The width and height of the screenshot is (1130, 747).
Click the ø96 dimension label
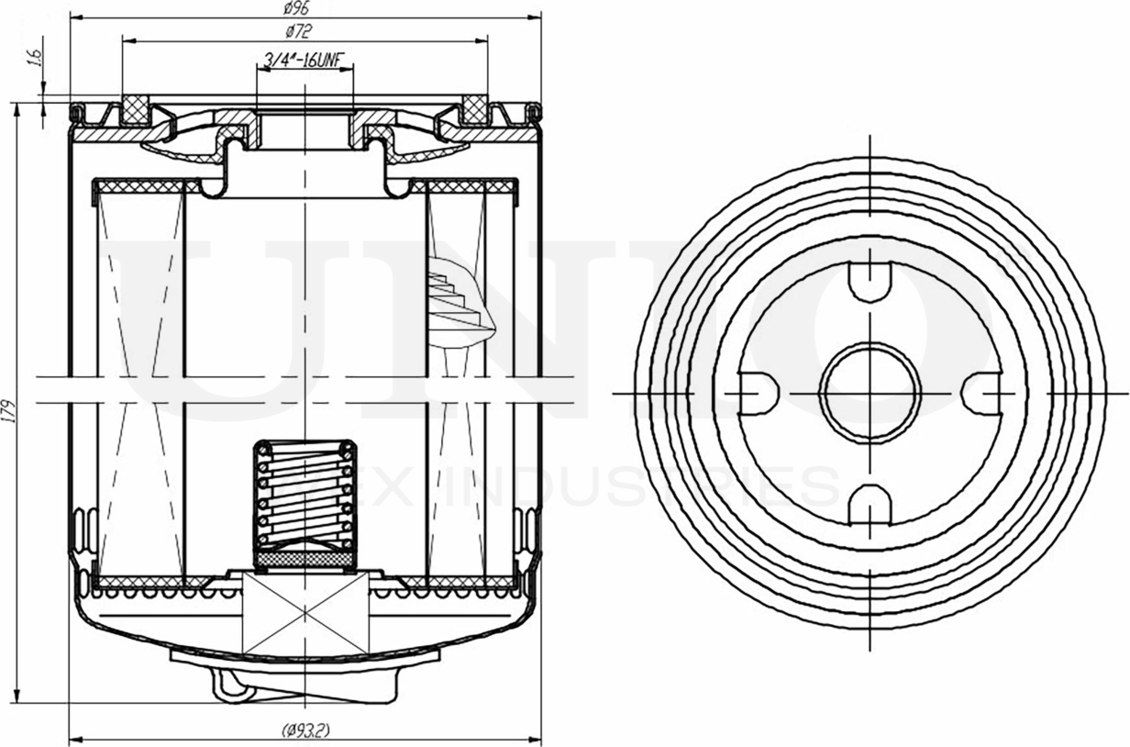click(295, 8)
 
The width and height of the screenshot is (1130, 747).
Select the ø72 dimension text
click(299, 32)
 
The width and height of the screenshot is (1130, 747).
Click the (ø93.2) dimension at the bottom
click(305, 730)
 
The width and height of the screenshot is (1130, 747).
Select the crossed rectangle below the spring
click(305, 613)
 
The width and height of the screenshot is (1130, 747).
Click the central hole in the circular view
click(869, 393)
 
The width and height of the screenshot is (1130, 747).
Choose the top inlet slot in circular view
click(869, 281)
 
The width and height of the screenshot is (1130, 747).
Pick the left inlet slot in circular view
click(758, 393)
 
